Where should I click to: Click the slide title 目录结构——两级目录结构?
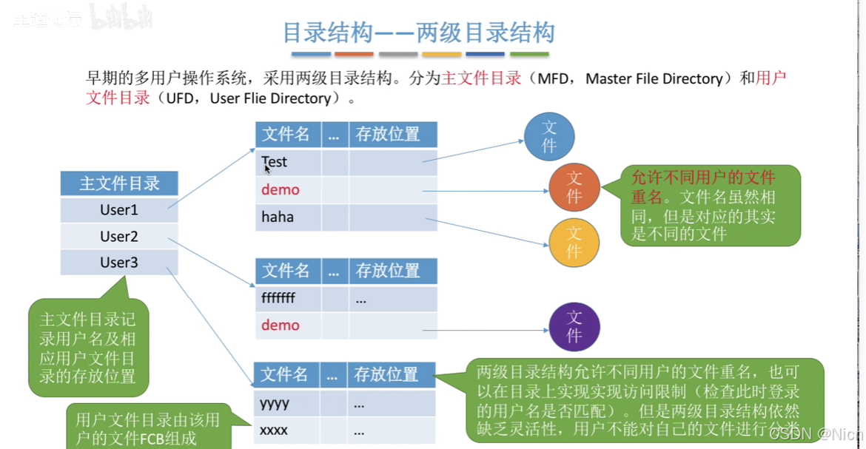pos(419,33)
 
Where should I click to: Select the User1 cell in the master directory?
pos(119,210)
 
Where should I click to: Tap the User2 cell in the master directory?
pos(119,237)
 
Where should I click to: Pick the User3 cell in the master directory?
pos(119,263)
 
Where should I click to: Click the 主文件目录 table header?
pos(119,183)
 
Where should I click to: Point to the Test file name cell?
pos(275,162)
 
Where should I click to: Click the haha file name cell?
pos(278,217)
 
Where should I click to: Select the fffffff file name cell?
pos(278,299)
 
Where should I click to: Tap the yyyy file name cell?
pos(275,404)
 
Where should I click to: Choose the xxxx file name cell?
pos(274,430)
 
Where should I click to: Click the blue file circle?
pos(549,137)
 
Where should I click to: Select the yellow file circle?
pos(574,243)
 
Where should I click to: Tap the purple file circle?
pos(574,327)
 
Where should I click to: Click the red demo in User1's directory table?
pos(281,189)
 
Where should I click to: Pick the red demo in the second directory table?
pos(281,325)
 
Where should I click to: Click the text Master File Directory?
pos(654,79)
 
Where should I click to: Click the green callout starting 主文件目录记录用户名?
pos(88,348)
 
